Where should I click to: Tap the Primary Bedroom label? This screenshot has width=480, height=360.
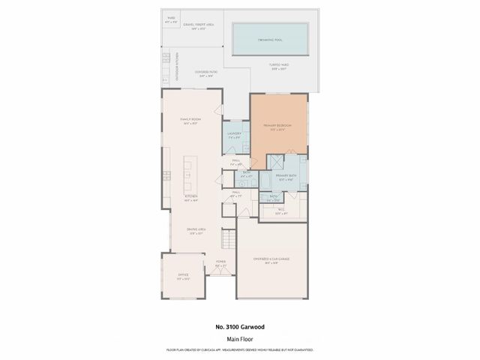tap(277, 125)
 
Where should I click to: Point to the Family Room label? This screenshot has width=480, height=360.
tap(190, 120)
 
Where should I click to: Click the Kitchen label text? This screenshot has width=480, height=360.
tap(190, 197)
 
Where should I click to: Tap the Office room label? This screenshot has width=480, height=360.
tap(183, 276)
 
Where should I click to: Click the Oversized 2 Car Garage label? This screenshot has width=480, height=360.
tap(271, 259)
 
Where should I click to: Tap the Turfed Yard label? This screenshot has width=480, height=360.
tap(278, 65)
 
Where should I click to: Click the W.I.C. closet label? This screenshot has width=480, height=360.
tap(281, 211)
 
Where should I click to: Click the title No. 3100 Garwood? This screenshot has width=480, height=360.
tap(239, 327)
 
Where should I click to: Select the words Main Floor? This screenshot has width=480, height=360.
tap(239, 338)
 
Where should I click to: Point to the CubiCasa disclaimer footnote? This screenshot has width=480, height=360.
tap(239, 349)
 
